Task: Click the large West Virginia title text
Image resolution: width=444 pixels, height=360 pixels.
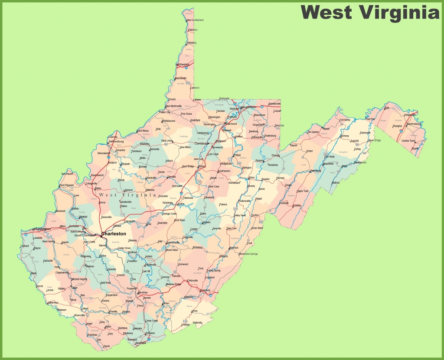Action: [x=370, y=12]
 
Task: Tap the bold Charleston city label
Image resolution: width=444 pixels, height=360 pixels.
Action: [x=114, y=234]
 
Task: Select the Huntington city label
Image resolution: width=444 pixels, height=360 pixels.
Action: [x=41, y=229]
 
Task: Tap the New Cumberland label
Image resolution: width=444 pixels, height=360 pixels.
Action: [x=195, y=20]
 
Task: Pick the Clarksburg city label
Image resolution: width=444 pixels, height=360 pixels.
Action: [x=202, y=143]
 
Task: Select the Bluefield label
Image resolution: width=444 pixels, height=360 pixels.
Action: [x=141, y=343]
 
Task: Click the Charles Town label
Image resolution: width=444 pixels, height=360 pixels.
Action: [x=408, y=140]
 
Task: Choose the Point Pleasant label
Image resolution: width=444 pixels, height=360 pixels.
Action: [x=67, y=185]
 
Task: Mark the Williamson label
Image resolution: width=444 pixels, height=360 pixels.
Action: [x=52, y=302]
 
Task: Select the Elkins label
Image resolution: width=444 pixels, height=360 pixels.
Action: [x=251, y=178]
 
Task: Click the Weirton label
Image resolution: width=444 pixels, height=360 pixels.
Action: [x=193, y=30]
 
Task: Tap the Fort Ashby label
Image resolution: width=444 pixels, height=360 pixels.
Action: [x=345, y=120]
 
